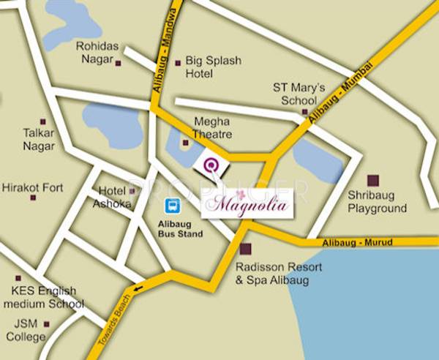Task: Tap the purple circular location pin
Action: (211, 165)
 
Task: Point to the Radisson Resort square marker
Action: (245, 249)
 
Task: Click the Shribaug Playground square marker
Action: (373, 180)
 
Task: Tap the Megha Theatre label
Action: (212, 128)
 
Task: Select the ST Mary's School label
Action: (294, 94)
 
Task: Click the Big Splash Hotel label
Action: (213, 67)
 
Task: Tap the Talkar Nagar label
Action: (39, 140)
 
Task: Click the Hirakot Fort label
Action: (32, 187)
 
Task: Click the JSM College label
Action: (26, 331)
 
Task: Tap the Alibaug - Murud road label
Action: (359, 242)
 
